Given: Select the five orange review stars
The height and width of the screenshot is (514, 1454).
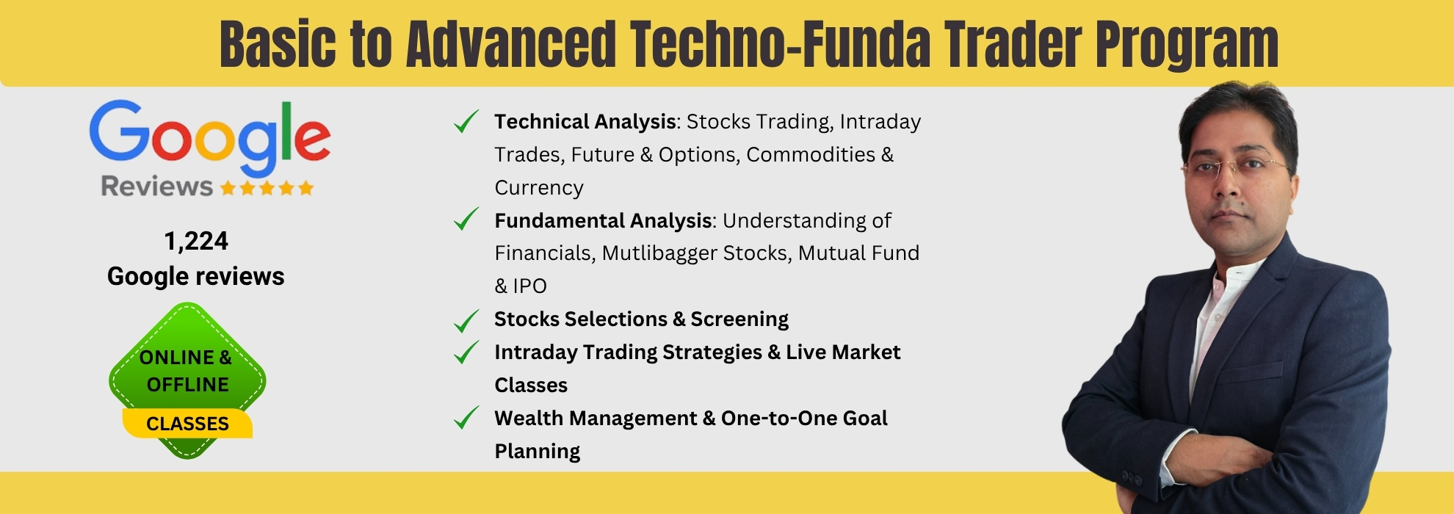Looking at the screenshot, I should coord(267,188).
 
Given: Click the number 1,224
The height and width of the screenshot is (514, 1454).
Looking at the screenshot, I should coord(196,241).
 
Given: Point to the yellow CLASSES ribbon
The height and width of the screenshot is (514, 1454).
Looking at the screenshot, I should coord(187,424).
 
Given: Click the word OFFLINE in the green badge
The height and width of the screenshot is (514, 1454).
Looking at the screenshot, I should coord(187,384).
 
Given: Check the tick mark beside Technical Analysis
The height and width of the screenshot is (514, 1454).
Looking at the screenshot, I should coord(466,121).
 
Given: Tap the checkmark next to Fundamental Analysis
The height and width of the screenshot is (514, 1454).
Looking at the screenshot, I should coord(466,219).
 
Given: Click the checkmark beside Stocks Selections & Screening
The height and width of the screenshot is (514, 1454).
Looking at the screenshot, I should coord(466,321).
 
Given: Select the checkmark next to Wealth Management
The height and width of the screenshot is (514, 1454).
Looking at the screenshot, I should coord(466,417).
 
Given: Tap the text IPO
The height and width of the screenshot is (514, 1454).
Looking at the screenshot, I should coord(529,286).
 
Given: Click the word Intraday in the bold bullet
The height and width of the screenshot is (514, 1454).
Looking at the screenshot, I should coord(535,352).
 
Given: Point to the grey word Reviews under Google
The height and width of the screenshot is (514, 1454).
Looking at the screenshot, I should coord(156,187).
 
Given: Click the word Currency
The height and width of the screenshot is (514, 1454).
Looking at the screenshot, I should coord(539,187).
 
